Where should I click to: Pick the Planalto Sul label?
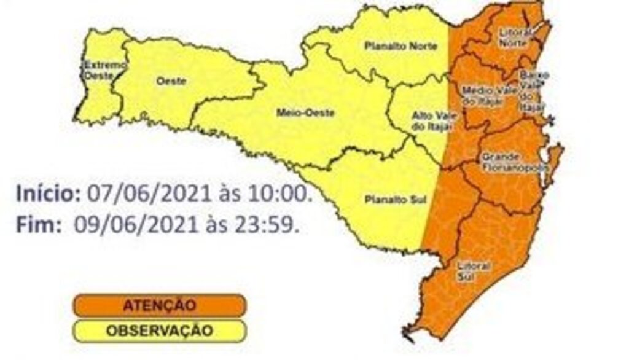(388, 200)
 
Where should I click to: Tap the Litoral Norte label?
(514, 37)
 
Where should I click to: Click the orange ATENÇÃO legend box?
(160, 305)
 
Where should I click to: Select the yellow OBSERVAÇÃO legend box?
(160, 331)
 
